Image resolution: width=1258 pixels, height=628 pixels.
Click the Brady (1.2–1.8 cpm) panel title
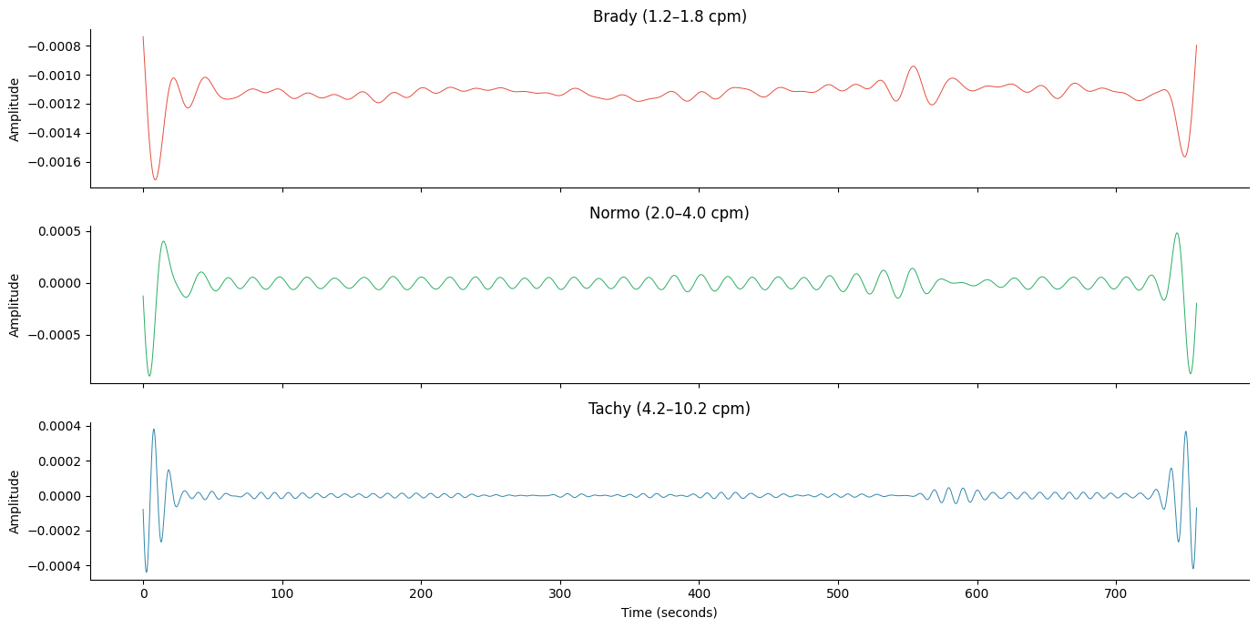tap(670, 16)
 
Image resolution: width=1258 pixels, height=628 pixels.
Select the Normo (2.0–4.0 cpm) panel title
tap(669, 213)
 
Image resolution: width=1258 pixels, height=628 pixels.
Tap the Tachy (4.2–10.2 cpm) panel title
tap(669, 409)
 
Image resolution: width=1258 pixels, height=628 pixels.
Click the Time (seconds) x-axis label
tap(669, 613)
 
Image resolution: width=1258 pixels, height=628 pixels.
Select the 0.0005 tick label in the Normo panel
tap(58, 231)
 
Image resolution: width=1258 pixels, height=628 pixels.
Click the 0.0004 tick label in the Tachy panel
tap(58, 426)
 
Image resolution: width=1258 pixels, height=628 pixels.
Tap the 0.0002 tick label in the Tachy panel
tap(58, 461)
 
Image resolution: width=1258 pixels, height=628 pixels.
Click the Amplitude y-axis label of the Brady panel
tap(15, 109)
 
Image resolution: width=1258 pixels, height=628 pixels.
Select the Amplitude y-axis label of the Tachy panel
tap(15, 501)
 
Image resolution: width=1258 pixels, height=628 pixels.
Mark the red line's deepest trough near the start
tap(155, 179)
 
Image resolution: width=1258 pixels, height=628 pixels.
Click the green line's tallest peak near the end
tap(1177, 233)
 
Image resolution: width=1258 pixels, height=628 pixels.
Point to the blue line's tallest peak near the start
tap(153, 430)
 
